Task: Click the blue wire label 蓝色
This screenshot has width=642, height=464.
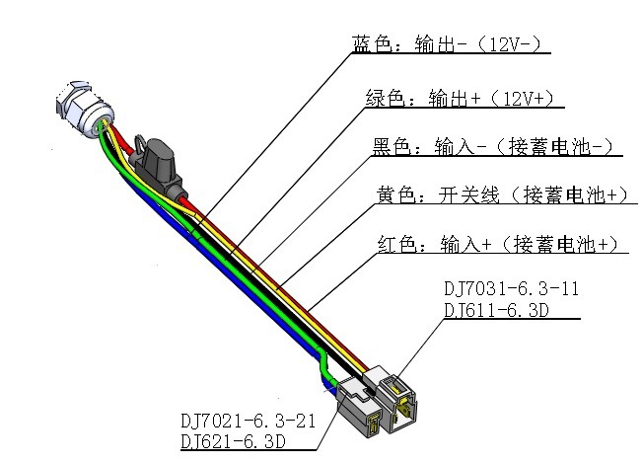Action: pyautogui.click(x=372, y=43)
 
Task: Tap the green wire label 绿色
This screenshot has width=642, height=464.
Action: pyautogui.click(x=385, y=99)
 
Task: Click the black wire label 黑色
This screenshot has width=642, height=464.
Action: pyautogui.click(x=391, y=146)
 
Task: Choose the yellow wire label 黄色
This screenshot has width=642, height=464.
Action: pyautogui.click(x=395, y=194)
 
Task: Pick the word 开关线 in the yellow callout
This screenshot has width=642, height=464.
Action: pyautogui.click(x=469, y=194)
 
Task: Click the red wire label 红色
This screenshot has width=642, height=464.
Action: pyautogui.click(x=396, y=244)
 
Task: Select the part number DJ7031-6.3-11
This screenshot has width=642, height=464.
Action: pyautogui.click(x=512, y=288)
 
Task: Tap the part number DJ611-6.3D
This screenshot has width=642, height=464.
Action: pyautogui.click(x=496, y=310)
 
